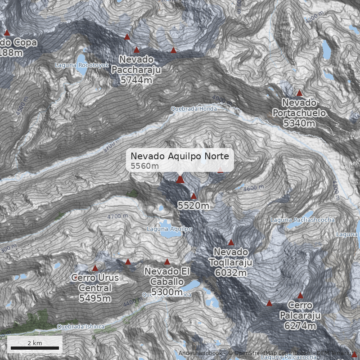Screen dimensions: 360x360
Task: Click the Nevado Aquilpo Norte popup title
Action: tap(180, 156)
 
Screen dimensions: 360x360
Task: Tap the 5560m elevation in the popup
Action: tap(145, 166)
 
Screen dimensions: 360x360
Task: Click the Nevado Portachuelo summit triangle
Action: tap(299, 93)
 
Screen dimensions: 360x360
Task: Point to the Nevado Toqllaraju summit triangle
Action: tap(231, 243)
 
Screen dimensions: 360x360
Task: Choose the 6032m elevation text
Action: tap(231, 273)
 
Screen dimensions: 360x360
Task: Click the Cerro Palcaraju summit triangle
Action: tap(300, 296)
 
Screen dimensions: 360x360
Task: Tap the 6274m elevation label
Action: tap(300, 326)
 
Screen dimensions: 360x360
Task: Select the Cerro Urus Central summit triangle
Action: tap(95, 268)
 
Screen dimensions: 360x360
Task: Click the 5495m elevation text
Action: tap(95, 298)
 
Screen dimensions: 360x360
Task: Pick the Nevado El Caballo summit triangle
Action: tap(167, 261)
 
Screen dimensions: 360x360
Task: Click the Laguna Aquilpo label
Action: tap(170, 229)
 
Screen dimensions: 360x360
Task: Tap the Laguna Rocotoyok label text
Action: tap(82, 65)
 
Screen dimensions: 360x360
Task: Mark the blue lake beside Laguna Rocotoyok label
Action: tap(82, 58)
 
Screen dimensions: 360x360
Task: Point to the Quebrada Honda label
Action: tap(193, 109)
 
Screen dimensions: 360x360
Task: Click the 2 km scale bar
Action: tap(35, 348)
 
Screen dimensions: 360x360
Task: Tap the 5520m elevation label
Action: tap(193, 206)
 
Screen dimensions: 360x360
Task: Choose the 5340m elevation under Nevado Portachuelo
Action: tap(299, 123)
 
